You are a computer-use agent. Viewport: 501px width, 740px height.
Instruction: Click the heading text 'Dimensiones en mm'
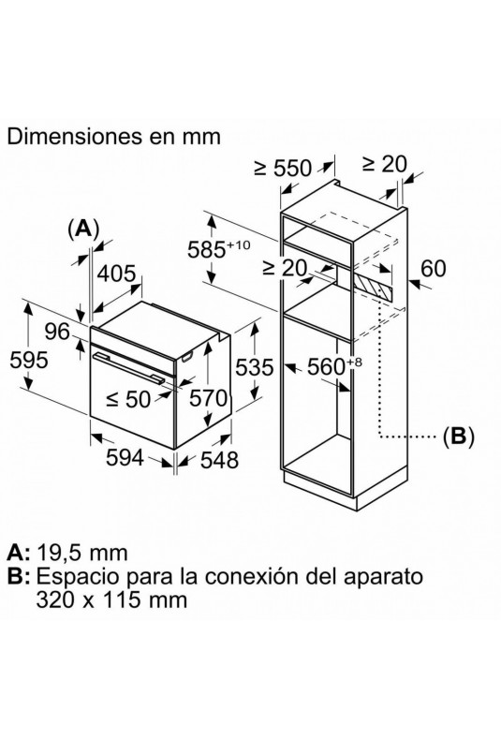pyautogui.click(x=113, y=137)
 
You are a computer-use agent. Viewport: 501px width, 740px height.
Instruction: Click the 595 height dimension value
pyautogui.click(x=29, y=360)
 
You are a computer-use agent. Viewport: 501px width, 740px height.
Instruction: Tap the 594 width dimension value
pyautogui.click(x=125, y=457)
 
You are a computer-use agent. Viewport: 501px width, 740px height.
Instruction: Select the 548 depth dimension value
pyautogui.click(x=220, y=460)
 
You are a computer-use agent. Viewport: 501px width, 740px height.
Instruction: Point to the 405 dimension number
pyautogui.click(x=117, y=274)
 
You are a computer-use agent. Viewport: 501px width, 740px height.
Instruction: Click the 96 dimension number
pyautogui.click(x=57, y=332)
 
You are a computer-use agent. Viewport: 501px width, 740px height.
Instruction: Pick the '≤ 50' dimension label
pyautogui.click(x=128, y=399)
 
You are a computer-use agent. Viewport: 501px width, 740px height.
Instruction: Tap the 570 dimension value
pyautogui.click(x=208, y=399)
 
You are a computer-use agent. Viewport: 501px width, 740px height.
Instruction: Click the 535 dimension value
pyautogui.click(x=255, y=367)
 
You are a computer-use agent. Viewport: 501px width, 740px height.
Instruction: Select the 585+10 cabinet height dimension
pyautogui.click(x=218, y=249)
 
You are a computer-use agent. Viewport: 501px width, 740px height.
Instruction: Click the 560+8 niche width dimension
pyautogui.click(x=334, y=365)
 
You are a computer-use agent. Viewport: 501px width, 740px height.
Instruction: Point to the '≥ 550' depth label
pyautogui.click(x=283, y=168)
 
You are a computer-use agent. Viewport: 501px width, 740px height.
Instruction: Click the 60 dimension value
pyautogui.click(x=433, y=269)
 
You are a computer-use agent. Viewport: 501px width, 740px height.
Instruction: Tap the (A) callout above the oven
pyautogui.click(x=84, y=229)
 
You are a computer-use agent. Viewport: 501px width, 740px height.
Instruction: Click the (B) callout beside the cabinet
pyautogui.click(x=458, y=436)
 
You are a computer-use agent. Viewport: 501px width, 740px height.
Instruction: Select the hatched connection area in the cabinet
pyautogui.click(x=373, y=285)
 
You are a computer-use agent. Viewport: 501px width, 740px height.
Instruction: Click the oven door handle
pyautogui.click(x=128, y=365)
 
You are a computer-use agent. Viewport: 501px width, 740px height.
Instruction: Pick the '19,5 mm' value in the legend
pyautogui.click(x=81, y=552)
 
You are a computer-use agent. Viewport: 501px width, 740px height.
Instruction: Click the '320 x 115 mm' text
pyautogui.click(x=111, y=599)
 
